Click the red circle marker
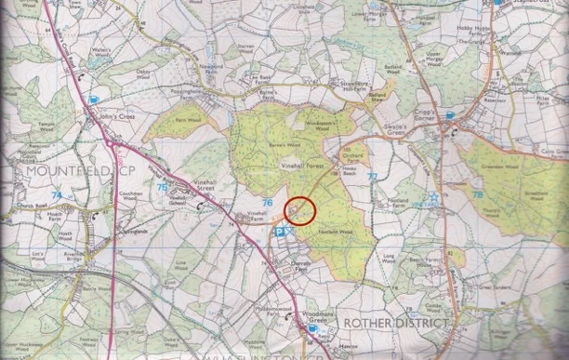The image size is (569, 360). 300,211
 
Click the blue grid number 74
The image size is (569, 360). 58,195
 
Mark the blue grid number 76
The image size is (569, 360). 267,202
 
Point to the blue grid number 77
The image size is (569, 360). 372,175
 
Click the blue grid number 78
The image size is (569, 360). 476,194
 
